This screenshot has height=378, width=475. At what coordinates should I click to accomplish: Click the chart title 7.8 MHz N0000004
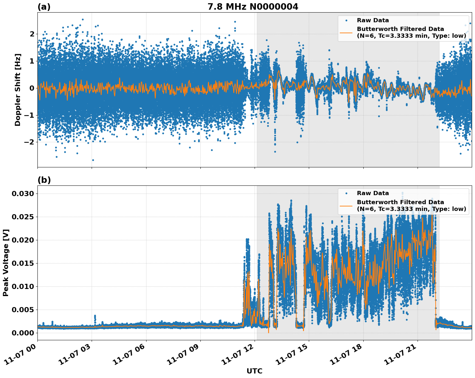point(253,6)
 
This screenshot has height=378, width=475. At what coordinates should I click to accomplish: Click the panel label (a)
point(44,7)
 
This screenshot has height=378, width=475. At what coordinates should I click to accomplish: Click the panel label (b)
point(44,180)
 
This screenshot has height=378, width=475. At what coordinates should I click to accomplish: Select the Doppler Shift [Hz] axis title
point(18,90)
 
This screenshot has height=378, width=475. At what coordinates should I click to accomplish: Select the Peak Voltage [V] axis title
point(6,263)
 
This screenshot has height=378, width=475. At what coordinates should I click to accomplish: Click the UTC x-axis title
point(254,371)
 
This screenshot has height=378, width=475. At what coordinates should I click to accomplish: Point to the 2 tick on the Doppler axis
point(32,34)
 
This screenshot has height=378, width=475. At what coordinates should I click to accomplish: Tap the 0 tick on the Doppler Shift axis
point(32,88)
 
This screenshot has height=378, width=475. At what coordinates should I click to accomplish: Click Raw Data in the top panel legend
point(373,20)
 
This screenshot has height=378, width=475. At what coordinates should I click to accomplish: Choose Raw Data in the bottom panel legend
point(373,193)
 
